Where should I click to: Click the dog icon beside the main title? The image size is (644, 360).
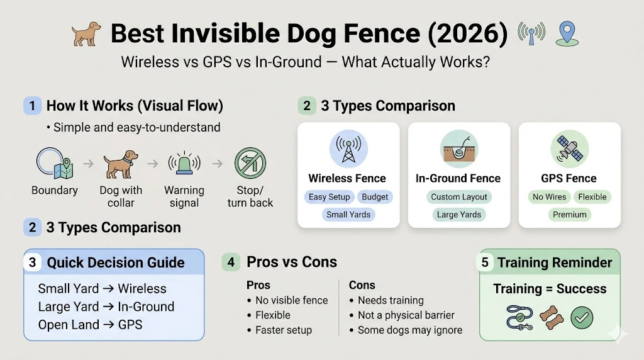coord(86,35)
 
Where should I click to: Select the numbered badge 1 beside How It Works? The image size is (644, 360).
coord(32,105)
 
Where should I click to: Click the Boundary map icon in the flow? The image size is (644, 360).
coord(55,164)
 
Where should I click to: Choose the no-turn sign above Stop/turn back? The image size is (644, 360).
coord(250,164)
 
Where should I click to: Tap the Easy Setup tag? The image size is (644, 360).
coord(329,197)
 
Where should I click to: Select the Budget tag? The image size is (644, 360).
coord(375,197)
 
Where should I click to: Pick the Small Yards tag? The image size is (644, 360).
coord(348,215)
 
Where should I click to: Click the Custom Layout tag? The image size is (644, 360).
coord(458,197)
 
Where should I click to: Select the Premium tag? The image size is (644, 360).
coord(569,215)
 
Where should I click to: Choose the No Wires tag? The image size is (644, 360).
coord(549,197)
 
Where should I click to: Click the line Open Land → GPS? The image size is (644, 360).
coord(90,325)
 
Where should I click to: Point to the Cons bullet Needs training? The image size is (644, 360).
coord(390,300)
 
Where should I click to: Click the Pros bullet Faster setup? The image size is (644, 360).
coord(283,330)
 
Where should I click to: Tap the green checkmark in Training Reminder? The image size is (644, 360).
coord(582,318)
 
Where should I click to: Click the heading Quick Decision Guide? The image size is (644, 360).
coord(116,262)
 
